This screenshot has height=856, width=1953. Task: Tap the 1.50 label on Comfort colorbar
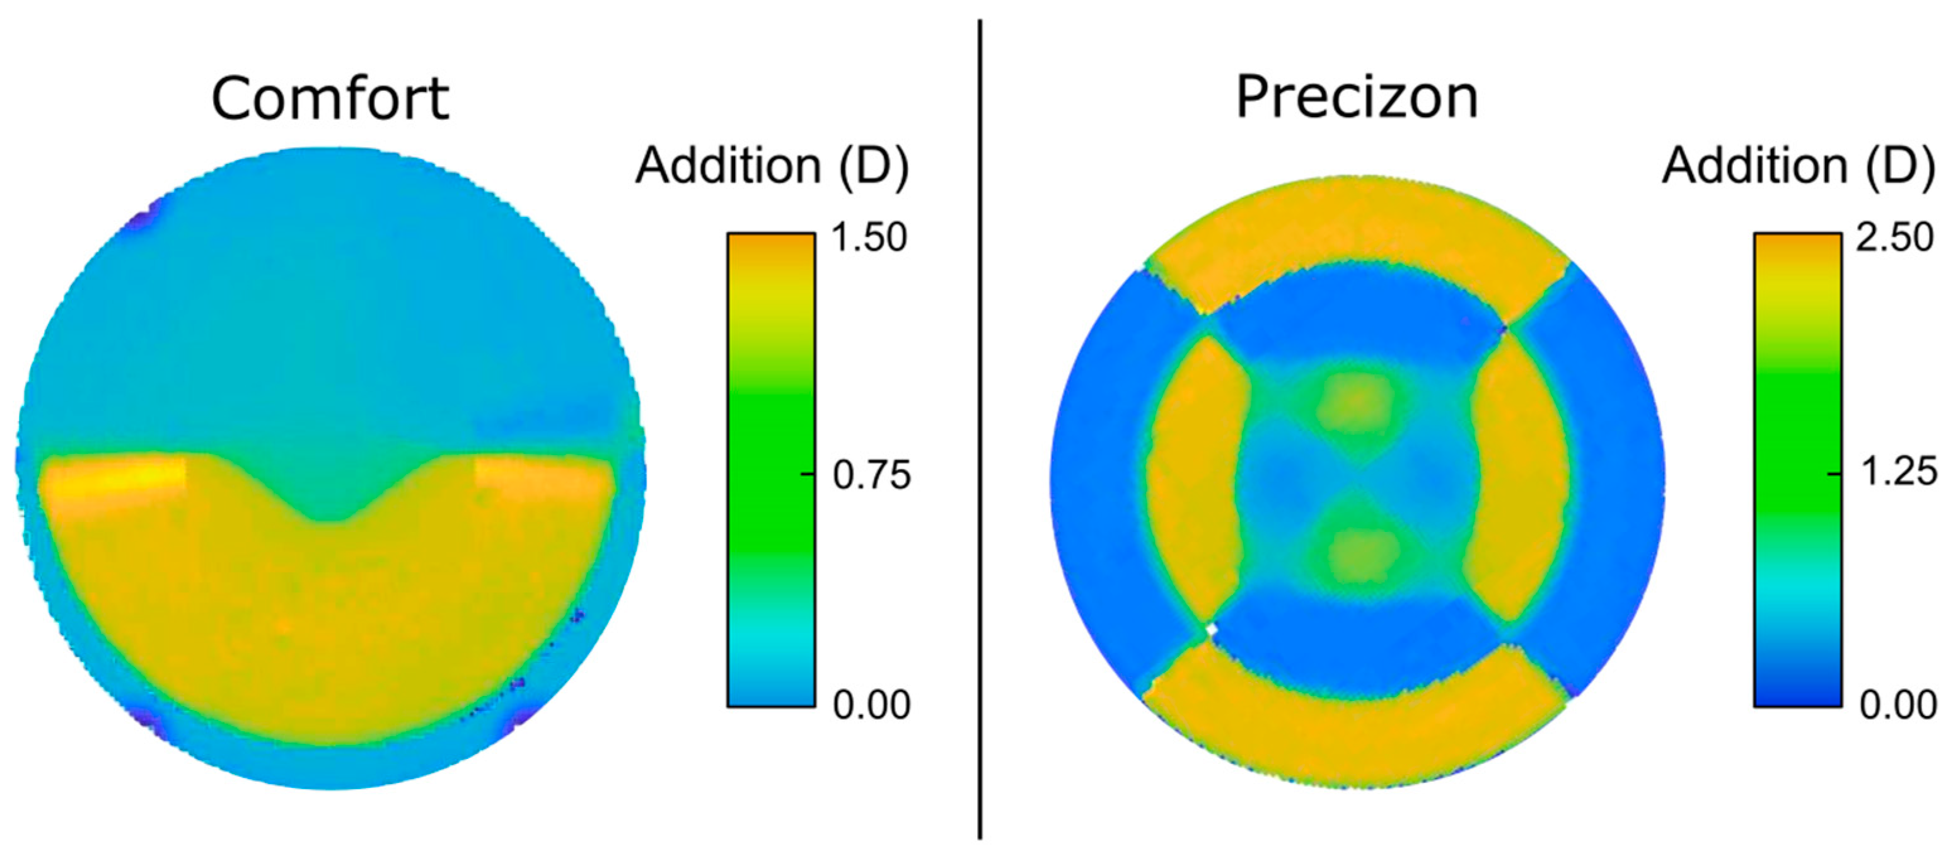click(869, 238)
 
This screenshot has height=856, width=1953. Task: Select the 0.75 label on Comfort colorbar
click(871, 475)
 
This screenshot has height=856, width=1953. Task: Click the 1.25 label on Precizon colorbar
click(1898, 472)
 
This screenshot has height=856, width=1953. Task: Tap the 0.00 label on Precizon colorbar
click(1898, 705)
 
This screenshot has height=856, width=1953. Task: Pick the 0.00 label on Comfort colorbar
click(871, 705)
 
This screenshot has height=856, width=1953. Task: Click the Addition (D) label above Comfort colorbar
click(771, 165)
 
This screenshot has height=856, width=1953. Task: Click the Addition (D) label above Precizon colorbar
click(1799, 165)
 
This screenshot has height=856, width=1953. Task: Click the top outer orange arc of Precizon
click(1357, 228)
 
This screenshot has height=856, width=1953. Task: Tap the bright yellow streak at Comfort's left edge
click(113, 478)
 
